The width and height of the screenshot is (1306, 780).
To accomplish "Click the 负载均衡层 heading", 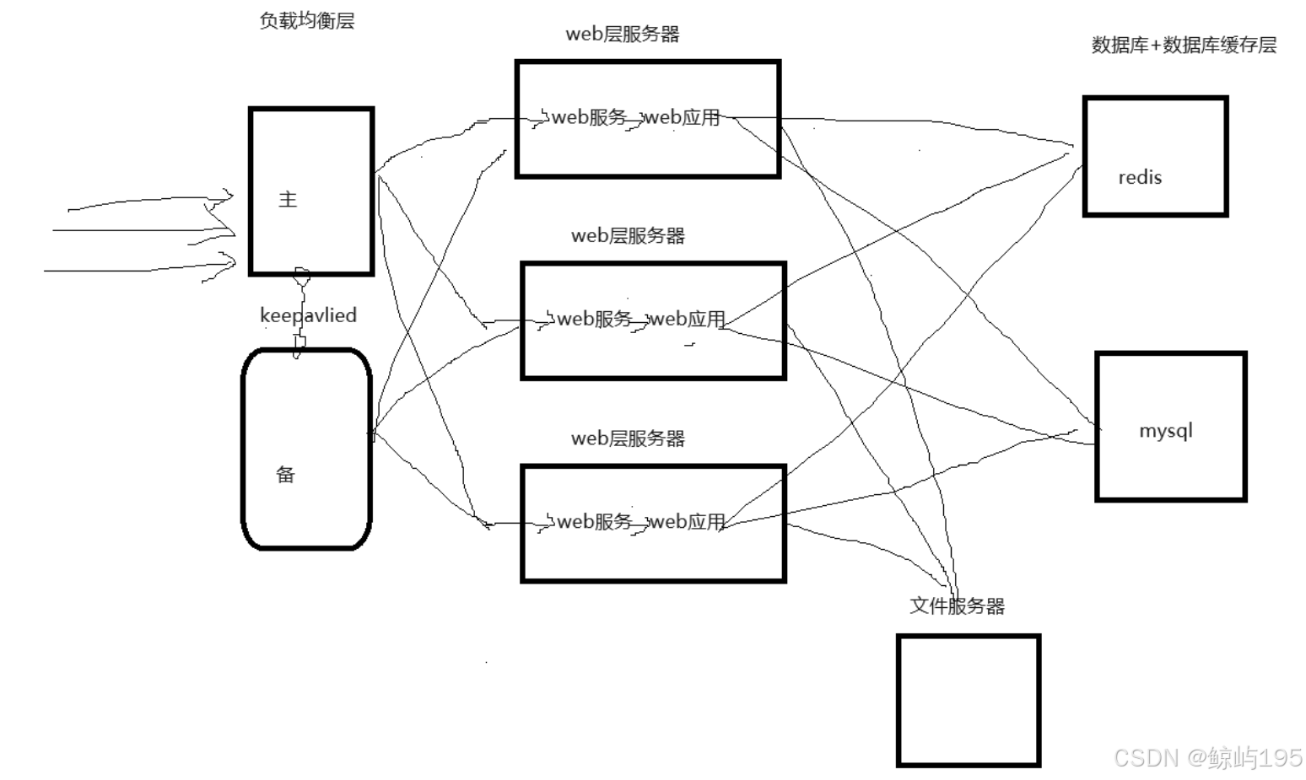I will pyautogui.click(x=307, y=21).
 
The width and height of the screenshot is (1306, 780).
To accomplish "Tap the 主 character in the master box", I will pyautogui.click(x=288, y=199).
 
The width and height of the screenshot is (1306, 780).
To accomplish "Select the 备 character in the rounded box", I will pyautogui.click(x=286, y=474).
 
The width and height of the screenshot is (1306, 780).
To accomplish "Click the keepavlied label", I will pyautogui.click(x=308, y=315).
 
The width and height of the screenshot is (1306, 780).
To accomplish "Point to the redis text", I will pyautogui.click(x=1140, y=177).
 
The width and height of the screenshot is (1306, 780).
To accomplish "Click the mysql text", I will pyautogui.click(x=1166, y=430).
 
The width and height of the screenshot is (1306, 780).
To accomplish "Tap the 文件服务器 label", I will pyautogui.click(x=958, y=605).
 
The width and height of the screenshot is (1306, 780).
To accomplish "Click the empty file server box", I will pyautogui.click(x=968, y=700).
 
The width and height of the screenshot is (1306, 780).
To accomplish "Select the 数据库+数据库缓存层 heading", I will pyautogui.click(x=1184, y=46).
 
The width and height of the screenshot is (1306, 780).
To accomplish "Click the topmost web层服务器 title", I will pyautogui.click(x=623, y=35).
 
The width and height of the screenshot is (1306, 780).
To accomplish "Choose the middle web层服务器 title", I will pyautogui.click(x=628, y=236).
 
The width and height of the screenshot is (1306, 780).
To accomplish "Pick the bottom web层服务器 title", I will pyautogui.click(x=628, y=438).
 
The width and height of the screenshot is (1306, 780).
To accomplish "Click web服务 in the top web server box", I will pyautogui.click(x=589, y=117).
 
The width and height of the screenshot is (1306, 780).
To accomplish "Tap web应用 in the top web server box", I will pyautogui.click(x=683, y=117).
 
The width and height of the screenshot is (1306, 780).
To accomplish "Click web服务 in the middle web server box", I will pyautogui.click(x=594, y=319).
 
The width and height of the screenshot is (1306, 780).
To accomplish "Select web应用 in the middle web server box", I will pyautogui.click(x=688, y=319).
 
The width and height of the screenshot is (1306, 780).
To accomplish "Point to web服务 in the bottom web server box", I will pyautogui.click(x=594, y=521).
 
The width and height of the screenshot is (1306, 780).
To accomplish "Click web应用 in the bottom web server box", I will pyautogui.click(x=688, y=521).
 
